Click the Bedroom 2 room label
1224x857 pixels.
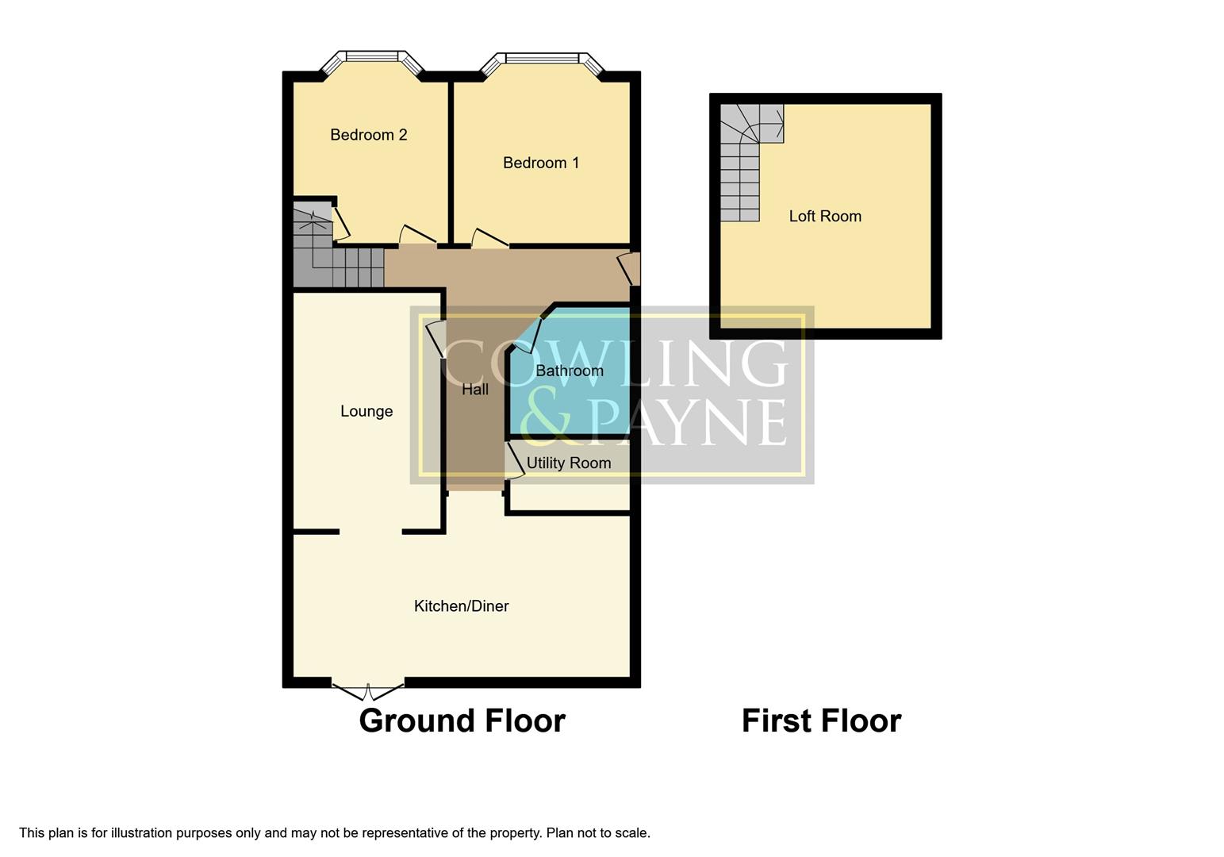point(368,135)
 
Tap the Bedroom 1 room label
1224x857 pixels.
point(540,163)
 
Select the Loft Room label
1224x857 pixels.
point(824,216)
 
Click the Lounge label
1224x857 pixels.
point(366,411)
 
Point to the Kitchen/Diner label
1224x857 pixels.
point(461,606)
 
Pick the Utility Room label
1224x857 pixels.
point(568,463)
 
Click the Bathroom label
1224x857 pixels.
point(569,371)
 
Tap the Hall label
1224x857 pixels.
point(474,389)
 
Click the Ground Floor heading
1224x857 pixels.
point(462,721)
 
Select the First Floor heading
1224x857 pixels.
point(820,721)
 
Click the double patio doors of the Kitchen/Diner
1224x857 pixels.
point(367,690)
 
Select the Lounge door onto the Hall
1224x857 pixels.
point(435,339)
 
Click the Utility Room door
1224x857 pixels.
point(515,461)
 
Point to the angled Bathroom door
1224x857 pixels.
point(530,334)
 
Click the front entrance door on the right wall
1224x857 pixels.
point(629,267)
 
